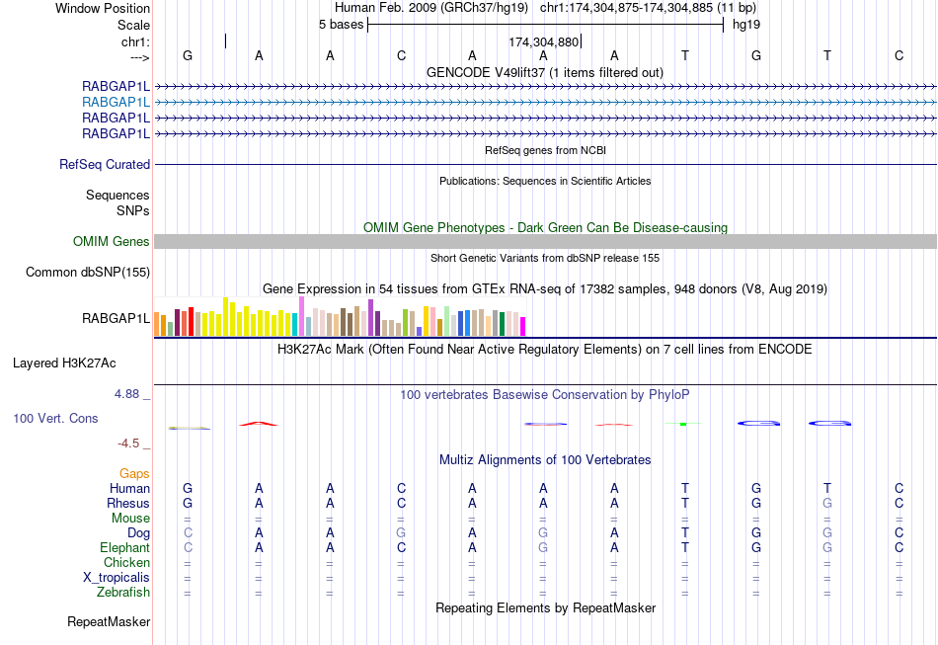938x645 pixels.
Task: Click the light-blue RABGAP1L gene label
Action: pos(117,102)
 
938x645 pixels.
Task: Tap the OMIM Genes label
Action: pos(112,241)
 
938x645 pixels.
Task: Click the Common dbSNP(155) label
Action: pos(88,272)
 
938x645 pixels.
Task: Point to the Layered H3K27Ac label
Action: pos(81,363)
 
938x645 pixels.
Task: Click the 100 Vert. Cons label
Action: pos(55,418)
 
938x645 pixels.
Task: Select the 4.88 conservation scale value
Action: pos(131,393)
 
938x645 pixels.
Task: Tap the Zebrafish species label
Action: pos(123,593)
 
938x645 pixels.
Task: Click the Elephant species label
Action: pos(124,547)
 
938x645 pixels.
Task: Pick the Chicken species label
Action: pos(126,563)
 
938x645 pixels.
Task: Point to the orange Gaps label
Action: pos(134,474)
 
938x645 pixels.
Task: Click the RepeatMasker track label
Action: pos(109,622)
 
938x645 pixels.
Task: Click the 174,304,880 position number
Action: pos(543,42)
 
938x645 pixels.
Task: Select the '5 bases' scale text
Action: pos(341,24)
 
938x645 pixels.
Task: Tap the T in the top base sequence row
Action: pos(685,55)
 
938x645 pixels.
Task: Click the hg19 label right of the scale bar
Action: pos(745,24)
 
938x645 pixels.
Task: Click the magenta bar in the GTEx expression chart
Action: pos(523,326)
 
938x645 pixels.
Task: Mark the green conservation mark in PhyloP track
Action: pos(682,424)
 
